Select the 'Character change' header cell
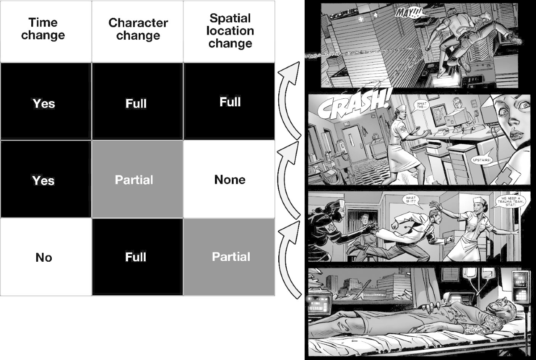138,29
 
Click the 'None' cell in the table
230,180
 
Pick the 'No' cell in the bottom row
44,257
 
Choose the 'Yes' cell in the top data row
44,104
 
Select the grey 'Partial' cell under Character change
134,180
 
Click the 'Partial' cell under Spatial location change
231,257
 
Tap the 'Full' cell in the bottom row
136,257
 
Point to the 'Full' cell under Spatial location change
230,102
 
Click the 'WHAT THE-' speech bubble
422,106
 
